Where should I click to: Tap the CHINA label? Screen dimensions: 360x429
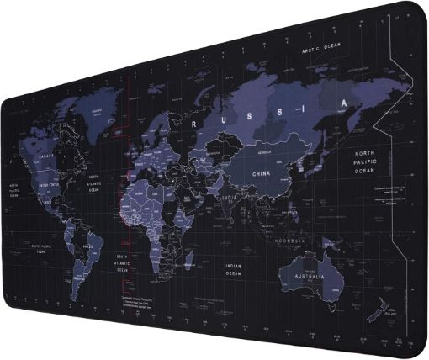pos(266,173)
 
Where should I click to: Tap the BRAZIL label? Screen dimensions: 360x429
pos(86,247)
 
